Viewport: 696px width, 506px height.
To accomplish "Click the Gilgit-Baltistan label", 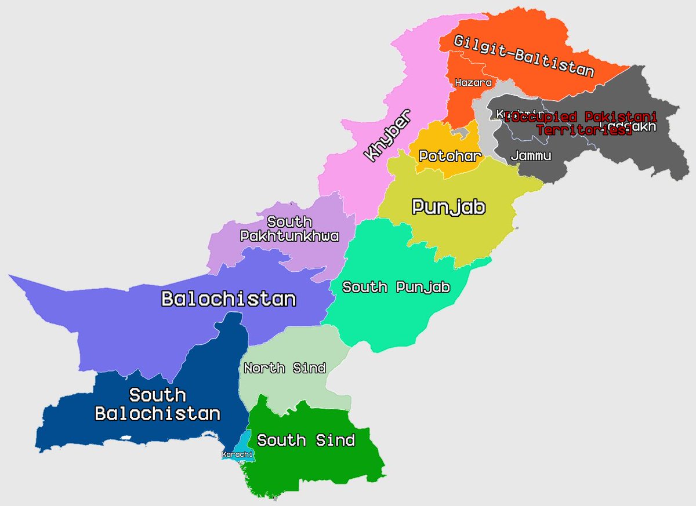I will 524,56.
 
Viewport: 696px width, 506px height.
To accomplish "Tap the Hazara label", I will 469,83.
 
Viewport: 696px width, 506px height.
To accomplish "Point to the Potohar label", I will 450,156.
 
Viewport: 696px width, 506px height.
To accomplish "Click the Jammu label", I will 531,156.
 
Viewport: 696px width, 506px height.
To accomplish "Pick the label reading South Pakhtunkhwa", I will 289,230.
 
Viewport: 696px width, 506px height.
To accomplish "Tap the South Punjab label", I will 396,287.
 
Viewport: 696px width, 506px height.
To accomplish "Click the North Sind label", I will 284,368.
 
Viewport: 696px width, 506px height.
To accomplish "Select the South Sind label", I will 306,441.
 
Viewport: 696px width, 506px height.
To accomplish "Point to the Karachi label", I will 237,454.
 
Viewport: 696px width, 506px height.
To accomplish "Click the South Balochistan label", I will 158,405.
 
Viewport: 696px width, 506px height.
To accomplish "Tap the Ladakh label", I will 638,127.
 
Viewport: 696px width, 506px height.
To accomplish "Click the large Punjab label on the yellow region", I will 448,208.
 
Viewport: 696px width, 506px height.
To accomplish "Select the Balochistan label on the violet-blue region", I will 229,299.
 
